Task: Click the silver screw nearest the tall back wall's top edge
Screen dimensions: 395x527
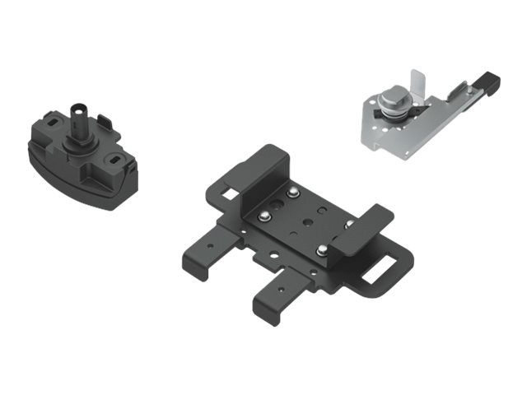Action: (293, 194)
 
